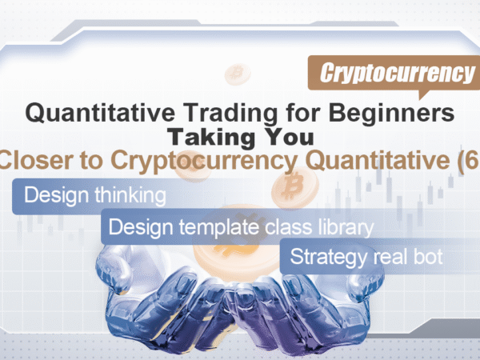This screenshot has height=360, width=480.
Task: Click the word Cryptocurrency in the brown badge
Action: click(397, 73)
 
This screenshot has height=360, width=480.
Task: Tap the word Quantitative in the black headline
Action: click(101, 113)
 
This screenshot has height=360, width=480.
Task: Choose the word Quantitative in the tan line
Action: click(378, 161)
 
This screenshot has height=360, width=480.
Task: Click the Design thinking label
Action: click(95, 195)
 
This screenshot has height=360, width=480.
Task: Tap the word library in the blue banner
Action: click(346, 227)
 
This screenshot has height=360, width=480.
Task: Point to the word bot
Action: click(428, 256)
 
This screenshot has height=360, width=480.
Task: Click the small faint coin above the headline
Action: click(238, 74)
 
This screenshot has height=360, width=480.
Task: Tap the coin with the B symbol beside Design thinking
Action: click(294, 186)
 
